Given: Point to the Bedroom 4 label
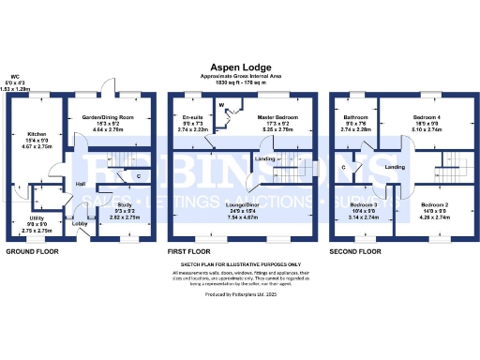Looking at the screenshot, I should coord(426,117).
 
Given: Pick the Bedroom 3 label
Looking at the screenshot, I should coord(364,204).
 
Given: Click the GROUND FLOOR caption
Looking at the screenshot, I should coord(34,252).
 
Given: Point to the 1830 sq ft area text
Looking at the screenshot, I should coord(239,83).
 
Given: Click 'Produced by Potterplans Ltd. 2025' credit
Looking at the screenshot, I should coord(240,294).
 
